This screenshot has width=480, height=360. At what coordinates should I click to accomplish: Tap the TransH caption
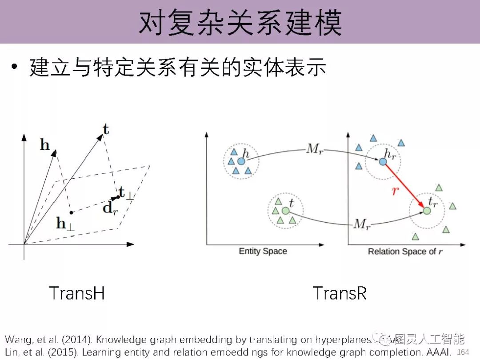(x=77, y=293)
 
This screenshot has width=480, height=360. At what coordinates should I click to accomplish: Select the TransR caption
(x=340, y=293)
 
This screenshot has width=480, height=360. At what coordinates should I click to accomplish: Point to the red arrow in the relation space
(x=404, y=184)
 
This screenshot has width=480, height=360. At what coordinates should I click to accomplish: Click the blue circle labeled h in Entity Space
(x=241, y=161)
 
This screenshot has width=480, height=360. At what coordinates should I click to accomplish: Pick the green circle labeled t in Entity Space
(x=286, y=210)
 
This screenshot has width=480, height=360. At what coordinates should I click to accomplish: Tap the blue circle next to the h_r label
(x=383, y=162)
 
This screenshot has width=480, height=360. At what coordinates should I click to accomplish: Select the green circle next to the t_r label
(x=427, y=211)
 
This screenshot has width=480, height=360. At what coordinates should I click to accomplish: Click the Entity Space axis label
(x=263, y=251)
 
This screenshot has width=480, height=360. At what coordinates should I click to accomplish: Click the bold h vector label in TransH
(x=45, y=145)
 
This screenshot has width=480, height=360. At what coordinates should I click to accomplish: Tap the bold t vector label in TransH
(x=105, y=129)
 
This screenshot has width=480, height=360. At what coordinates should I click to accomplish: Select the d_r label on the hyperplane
(x=109, y=207)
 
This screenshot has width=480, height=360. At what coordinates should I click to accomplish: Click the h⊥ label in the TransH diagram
(x=65, y=224)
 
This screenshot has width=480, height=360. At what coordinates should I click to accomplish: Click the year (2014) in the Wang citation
(x=76, y=340)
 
